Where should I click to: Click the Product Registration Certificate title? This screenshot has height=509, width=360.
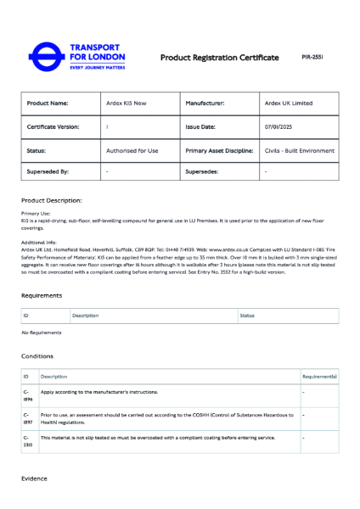(x=220, y=58)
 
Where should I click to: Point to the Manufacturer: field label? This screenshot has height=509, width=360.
(x=205, y=103)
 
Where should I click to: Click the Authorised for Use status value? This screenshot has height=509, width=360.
(x=132, y=150)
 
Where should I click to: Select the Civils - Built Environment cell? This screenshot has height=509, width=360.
(x=299, y=150)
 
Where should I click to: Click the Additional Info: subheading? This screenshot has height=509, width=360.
(x=39, y=242)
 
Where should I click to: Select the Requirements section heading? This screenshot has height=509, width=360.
(x=42, y=295)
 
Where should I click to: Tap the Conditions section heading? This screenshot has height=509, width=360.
(x=37, y=356)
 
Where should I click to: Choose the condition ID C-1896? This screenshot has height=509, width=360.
(x=28, y=395)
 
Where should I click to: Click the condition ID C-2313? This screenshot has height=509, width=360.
(x=28, y=441)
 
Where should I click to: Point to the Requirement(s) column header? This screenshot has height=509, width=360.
(x=319, y=376)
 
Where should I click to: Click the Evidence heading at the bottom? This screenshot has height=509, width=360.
(x=35, y=478)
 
